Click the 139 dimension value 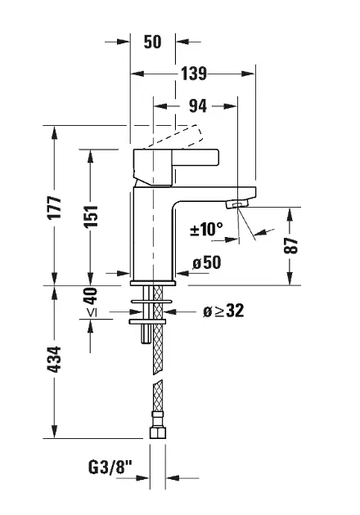[194, 74]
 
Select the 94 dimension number [198, 105]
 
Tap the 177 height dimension [54, 208]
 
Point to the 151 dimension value [91, 216]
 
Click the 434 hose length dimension [54, 360]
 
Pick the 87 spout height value [291, 246]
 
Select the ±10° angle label [206, 229]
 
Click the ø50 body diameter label [207, 262]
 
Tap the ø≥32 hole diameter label [223, 311]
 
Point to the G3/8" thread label [110, 467]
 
